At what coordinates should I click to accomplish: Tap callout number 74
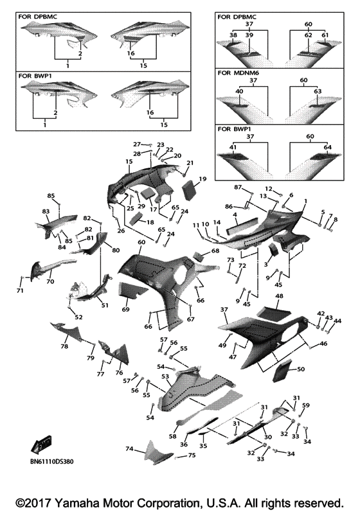coord(129,449)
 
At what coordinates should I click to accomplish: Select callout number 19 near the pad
coord(203,179)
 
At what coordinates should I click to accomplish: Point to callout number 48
coord(279,296)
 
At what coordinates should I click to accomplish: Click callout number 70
coord(50,281)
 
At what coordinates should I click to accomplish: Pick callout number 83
coord(46,211)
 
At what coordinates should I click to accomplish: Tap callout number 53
coord(165,376)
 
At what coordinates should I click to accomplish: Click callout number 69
coord(126,309)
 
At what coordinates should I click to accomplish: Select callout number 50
coord(301,369)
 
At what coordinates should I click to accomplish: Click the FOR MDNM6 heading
coord(238,73)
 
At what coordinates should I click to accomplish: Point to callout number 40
coord(239,91)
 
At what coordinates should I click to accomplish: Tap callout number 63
coord(318,91)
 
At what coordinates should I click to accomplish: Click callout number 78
coord(64,346)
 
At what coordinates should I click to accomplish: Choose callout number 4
coord(235,215)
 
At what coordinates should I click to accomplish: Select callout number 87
coord(238,187)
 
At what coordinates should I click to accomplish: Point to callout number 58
coord(172,436)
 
